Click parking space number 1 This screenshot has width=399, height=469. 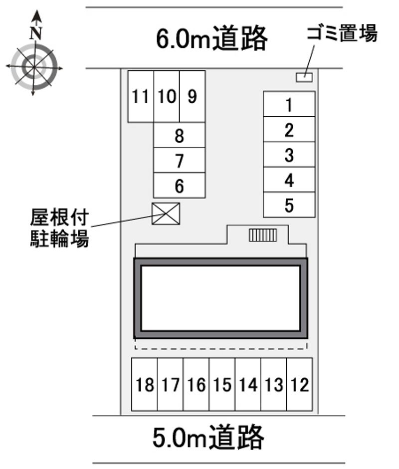click(289, 104)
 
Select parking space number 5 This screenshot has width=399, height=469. click(289, 205)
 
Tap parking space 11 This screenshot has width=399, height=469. click(141, 96)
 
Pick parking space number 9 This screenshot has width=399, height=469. click(193, 96)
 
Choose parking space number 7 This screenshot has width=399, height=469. click(180, 160)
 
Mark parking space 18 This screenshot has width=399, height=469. click(145, 384)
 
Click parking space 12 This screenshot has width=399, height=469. click(299, 384)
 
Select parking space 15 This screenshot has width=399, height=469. click(222, 384)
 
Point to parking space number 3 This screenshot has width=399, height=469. click(289, 154)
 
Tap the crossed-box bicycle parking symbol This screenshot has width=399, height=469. click(166, 214)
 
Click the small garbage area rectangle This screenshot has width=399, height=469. click(304, 77)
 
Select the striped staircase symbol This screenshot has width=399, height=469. click(263, 235)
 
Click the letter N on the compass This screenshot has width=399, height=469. click(36, 33)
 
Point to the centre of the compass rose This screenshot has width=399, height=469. click(33, 67)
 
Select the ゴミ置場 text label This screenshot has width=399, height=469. click(342, 33)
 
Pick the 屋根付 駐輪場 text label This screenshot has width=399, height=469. click(59, 228)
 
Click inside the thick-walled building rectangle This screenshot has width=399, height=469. click(221, 298)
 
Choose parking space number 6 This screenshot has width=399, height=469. click(180, 186)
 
